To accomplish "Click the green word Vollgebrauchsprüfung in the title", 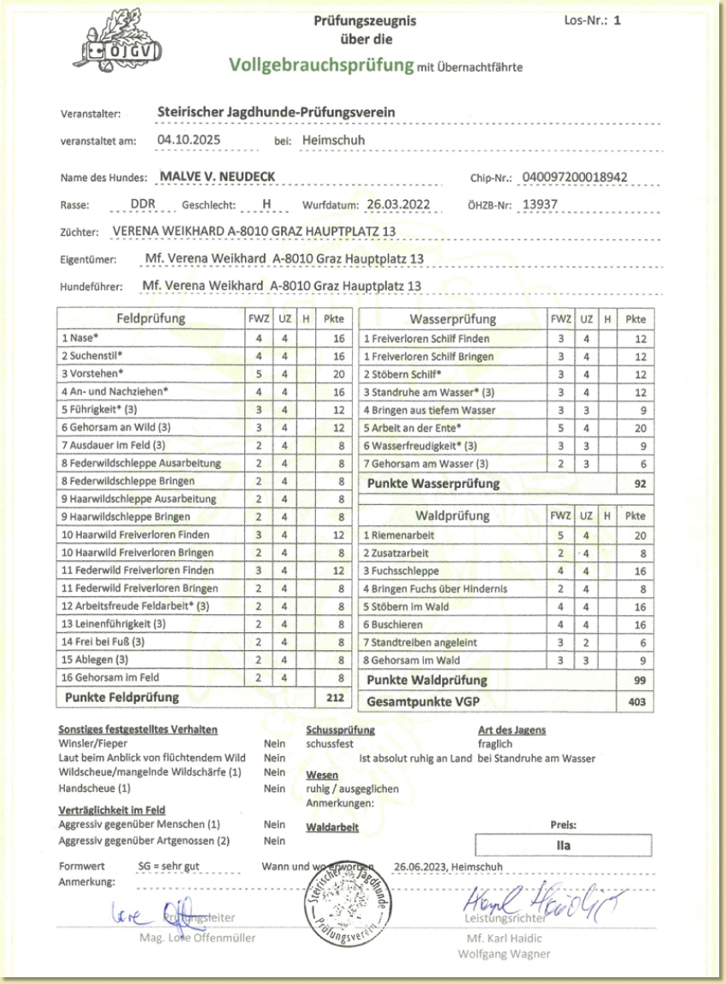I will point(320,65).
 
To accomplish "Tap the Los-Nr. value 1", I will point(617,19).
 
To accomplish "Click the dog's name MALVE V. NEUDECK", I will point(218,177).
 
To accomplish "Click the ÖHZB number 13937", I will point(539,204).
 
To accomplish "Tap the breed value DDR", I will point(143,205).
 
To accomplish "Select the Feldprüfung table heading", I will point(150,319).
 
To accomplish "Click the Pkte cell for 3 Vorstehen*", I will point(338,373).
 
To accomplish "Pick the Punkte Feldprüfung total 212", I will point(336,697).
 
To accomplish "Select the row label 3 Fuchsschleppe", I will point(402,571).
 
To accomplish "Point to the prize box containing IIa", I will point(563,846).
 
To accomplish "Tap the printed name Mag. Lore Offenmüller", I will point(197,938).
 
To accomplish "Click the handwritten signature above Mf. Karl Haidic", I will point(543,899).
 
